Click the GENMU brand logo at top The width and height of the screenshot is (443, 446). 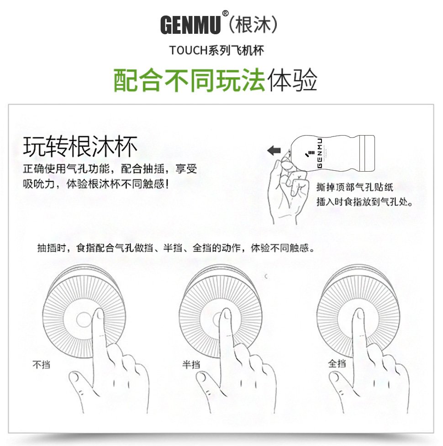(x=190, y=25)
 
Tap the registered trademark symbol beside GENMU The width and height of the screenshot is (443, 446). (x=225, y=14)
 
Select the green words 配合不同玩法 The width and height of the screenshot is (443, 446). (x=189, y=81)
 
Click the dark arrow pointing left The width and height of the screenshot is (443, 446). (x=274, y=150)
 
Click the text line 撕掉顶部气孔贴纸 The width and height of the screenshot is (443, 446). (x=354, y=187)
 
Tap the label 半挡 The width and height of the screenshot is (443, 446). (x=191, y=364)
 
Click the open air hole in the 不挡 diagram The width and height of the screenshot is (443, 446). (x=84, y=320)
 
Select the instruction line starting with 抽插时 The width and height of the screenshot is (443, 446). (x=175, y=248)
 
